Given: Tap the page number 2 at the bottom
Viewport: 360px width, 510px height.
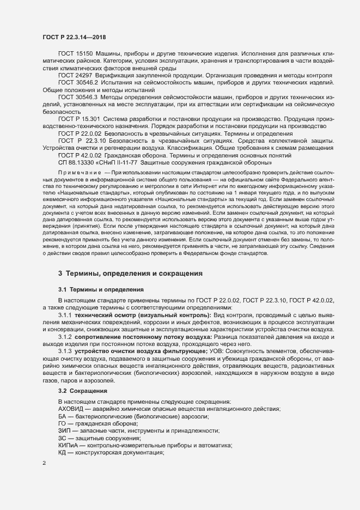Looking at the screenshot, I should pyautogui.click(x=44, y=463).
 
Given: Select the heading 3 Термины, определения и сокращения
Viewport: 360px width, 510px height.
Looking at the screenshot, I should pyautogui.click(x=131, y=272).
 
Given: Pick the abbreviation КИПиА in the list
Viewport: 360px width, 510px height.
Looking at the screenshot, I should pyautogui.click(x=68, y=445).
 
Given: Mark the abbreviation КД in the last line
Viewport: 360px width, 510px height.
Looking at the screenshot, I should pyautogui.click(x=62, y=453).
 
